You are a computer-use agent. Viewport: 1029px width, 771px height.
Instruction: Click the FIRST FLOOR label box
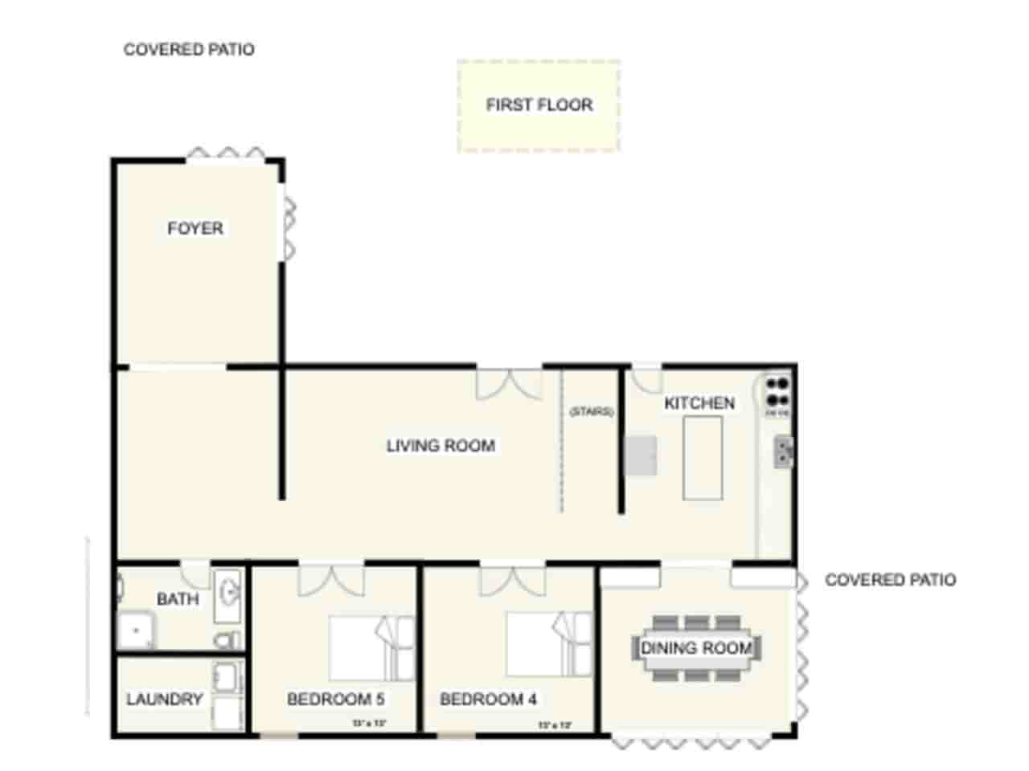539,105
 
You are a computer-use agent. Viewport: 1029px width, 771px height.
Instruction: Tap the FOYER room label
195,229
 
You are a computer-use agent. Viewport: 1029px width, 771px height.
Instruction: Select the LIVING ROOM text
441,446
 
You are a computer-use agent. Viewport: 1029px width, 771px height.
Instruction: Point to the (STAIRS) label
591,412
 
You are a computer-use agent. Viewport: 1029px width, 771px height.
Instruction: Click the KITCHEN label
699,403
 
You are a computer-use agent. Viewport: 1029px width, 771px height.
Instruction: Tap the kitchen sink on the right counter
783,452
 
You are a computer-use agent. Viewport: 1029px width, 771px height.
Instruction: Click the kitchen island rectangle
702,458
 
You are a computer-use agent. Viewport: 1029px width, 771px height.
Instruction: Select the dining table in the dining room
696,648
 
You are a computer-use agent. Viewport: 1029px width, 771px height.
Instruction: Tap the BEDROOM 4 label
488,700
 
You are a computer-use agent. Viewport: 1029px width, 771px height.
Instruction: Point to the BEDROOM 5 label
335,700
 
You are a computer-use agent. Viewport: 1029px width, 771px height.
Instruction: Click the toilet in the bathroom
228,640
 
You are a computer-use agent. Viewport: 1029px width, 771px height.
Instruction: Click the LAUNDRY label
164,700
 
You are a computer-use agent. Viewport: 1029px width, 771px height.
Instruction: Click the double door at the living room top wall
510,384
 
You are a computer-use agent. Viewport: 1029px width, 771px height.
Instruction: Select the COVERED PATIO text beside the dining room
890,580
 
